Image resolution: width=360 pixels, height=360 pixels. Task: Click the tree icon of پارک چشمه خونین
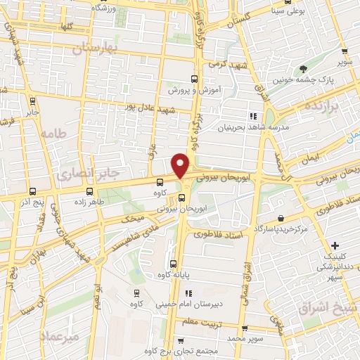pyautogui.click(x=304, y=69)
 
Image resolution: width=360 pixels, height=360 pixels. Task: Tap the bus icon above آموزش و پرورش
pyautogui.click(x=195, y=79)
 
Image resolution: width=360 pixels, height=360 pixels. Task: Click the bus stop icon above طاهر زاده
pyautogui.click(x=89, y=191)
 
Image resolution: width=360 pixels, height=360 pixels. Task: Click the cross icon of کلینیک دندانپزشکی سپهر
pyautogui.click(x=335, y=246)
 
